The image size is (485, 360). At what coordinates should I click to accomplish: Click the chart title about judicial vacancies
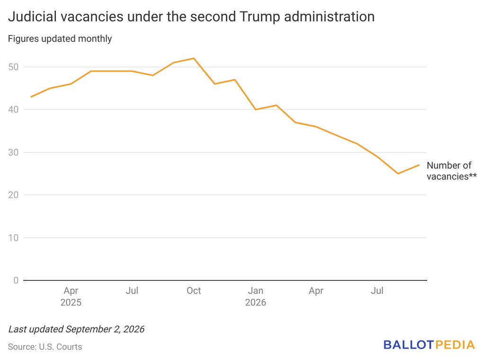[x=191, y=17]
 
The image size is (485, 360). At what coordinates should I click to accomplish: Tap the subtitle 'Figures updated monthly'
[x=60, y=39]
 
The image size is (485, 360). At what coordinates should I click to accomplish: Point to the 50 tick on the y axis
[x=14, y=67]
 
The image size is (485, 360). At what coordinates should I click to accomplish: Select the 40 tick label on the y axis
[x=14, y=109]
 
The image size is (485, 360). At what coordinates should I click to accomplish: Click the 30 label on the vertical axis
[x=14, y=152]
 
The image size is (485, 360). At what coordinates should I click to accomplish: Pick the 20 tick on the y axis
[x=14, y=195]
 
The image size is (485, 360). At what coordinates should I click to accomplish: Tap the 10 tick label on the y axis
[x=14, y=237]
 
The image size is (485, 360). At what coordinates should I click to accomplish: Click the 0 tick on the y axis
[x=16, y=280]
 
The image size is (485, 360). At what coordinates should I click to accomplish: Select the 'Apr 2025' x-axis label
[x=71, y=296]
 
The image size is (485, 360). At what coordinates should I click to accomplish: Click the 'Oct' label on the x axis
[x=194, y=291]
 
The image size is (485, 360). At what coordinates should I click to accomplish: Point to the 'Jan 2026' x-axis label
[x=255, y=296]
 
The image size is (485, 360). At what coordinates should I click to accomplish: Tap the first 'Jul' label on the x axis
[x=132, y=291]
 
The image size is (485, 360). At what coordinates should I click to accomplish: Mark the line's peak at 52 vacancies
[x=194, y=58]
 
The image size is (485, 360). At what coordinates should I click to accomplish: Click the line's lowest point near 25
[x=398, y=173]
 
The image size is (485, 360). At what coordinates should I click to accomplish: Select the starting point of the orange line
[x=31, y=97]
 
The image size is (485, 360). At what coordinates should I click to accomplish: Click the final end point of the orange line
[x=419, y=165]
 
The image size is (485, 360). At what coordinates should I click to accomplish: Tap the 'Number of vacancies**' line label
[x=451, y=171]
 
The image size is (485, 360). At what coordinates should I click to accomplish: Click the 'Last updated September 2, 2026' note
[x=76, y=329]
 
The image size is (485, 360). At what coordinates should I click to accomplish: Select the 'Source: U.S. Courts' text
[x=45, y=347]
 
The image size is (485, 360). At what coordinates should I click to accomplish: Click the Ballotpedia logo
[x=429, y=345]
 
